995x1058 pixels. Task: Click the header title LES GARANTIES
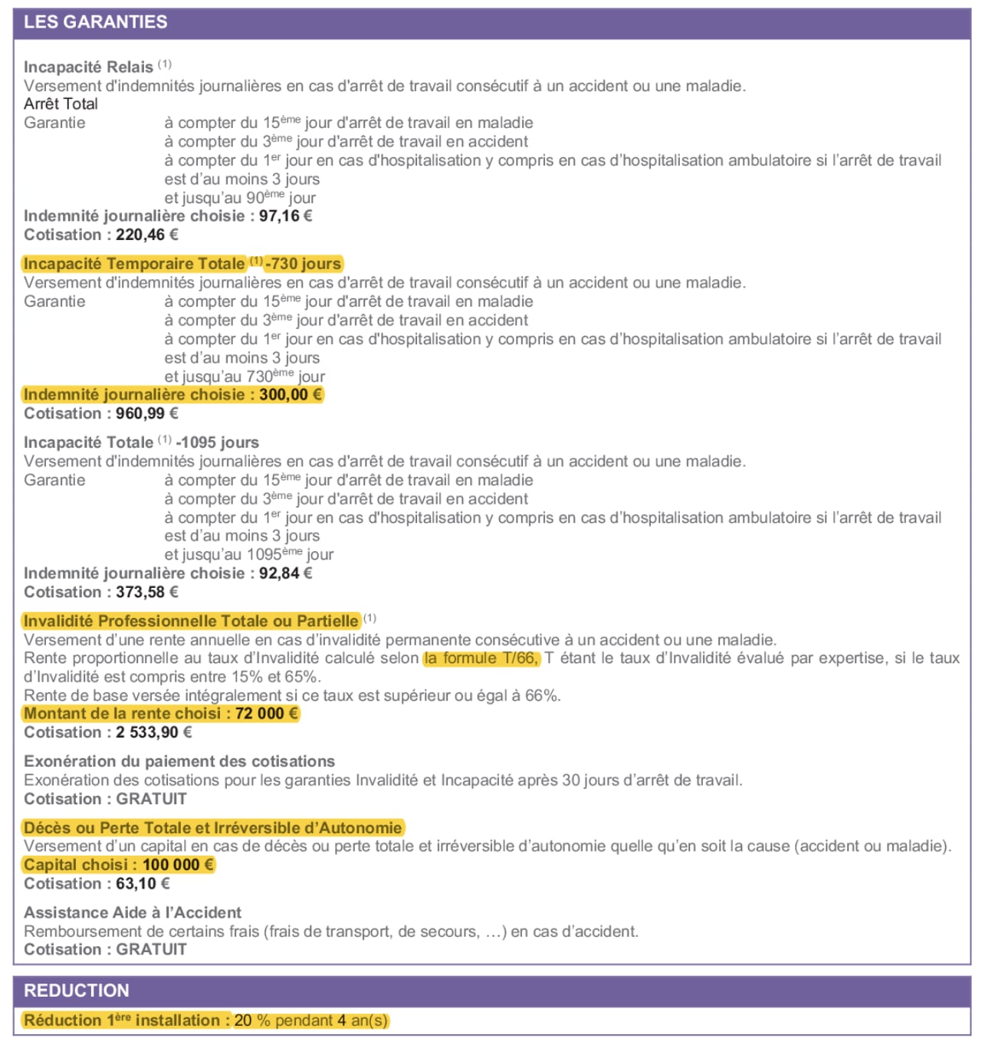(95, 22)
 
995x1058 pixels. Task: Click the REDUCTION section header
(77, 991)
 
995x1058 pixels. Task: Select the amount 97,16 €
(285, 216)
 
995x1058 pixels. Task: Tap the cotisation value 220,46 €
(147, 235)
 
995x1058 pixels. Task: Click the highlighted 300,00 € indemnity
(291, 395)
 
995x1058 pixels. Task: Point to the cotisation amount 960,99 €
(147, 414)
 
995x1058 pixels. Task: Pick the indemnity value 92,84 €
(285, 573)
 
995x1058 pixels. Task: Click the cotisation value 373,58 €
(147, 593)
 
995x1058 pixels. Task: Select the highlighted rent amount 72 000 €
(266, 714)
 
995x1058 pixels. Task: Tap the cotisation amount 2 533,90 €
(154, 733)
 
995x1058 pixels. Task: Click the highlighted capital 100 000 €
(177, 865)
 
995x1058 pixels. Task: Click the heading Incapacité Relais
(88, 67)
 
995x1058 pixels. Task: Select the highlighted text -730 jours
(304, 264)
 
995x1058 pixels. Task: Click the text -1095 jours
(218, 442)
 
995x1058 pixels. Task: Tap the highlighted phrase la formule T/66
(481, 658)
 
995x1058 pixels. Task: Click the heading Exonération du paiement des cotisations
(179, 761)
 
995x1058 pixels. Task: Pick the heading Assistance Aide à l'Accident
(133, 912)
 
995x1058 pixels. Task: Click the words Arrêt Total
(61, 104)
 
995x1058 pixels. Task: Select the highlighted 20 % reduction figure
(252, 1020)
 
